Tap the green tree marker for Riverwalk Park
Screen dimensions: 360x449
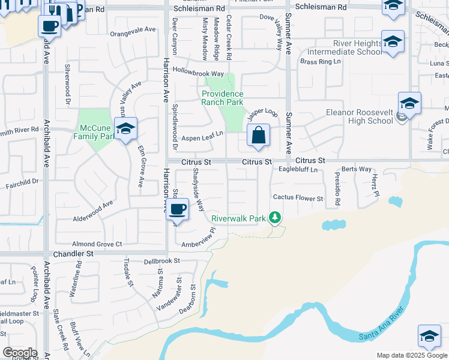pyautogui.click(x=275, y=217)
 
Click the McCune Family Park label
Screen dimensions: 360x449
pyautogui.click(x=97, y=131)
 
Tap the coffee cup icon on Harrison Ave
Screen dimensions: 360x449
pyautogui.click(x=177, y=209)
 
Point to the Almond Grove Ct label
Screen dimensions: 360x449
pyautogui.click(x=97, y=244)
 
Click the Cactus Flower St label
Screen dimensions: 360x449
pyautogui.click(x=298, y=197)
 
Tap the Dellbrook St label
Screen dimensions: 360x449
pyautogui.click(x=162, y=261)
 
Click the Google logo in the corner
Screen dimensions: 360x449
pyautogui.click(x=20, y=353)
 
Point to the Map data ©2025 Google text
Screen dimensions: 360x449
pyautogui.click(x=411, y=355)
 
